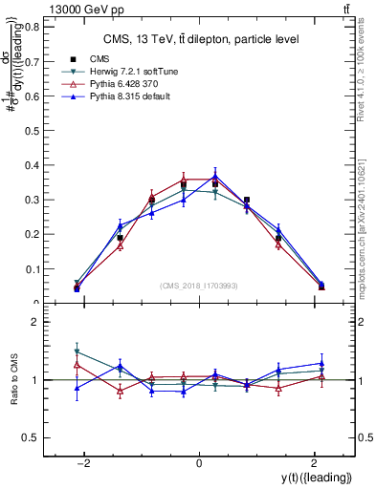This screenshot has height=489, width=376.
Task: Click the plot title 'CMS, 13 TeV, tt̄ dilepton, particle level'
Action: (x=201, y=39)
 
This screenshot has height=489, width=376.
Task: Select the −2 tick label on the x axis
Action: (x=84, y=463)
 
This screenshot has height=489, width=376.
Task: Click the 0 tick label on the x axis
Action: (x=199, y=463)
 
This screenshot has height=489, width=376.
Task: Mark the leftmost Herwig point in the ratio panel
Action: (x=77, y=351)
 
